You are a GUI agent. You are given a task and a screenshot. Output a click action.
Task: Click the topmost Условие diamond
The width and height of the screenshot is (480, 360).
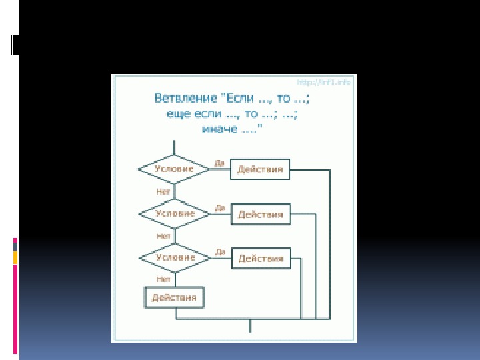point(174,169)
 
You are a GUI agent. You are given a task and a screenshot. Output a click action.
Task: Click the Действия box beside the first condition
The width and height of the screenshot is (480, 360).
point(260,169)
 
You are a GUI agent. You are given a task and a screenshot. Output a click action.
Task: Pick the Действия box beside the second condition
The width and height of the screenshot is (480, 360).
point(260,215)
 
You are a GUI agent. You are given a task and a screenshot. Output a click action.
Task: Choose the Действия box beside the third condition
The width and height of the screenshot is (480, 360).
point(261,258)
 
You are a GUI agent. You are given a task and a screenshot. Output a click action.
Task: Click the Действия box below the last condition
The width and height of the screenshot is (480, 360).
point(174,297)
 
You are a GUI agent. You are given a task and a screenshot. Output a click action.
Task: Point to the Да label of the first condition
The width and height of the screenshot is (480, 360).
point(219,163)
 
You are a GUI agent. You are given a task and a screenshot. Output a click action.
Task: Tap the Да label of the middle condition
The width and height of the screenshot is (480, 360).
point(220,207)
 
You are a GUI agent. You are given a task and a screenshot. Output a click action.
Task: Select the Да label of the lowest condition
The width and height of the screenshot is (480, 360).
point(220,251)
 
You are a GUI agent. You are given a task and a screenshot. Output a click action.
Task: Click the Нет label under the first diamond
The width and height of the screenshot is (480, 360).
point(163,191)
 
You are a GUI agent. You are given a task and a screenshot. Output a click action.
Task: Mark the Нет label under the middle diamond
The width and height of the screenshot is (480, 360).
point(163,236)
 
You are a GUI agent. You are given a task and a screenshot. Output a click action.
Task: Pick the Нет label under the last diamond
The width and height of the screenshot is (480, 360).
point(163,279)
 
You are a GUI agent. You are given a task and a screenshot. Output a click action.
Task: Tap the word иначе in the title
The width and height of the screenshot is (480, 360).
point(218,129)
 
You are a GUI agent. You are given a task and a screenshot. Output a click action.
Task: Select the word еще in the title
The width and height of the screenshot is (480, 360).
point(178,114)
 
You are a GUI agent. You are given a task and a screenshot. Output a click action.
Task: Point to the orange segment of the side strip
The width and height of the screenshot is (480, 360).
point(15,257)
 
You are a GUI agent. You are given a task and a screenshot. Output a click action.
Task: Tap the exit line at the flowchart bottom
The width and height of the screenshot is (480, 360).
point(250,326)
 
